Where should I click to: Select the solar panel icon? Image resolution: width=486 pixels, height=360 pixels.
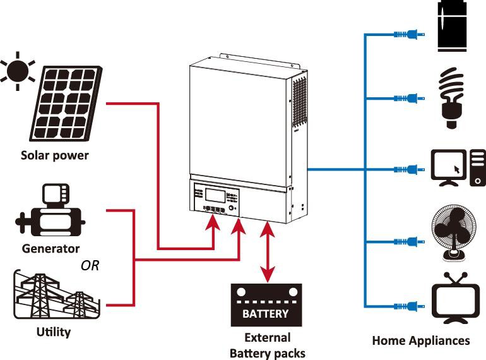[66, 104]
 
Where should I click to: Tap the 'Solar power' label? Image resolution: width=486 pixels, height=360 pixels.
[55, 155]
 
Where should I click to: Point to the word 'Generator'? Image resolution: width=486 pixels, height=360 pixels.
[51, 248]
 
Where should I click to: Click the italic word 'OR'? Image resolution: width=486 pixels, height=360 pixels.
[90, 265]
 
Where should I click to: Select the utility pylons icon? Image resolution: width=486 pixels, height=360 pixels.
[56, 295]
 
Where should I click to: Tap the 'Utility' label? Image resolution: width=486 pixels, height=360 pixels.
[54, 332]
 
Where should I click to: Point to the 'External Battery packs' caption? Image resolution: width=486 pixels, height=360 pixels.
[268, 345]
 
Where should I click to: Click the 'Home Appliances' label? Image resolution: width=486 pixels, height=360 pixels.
[421, 340]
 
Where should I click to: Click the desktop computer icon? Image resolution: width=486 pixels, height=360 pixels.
[458, 168]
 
